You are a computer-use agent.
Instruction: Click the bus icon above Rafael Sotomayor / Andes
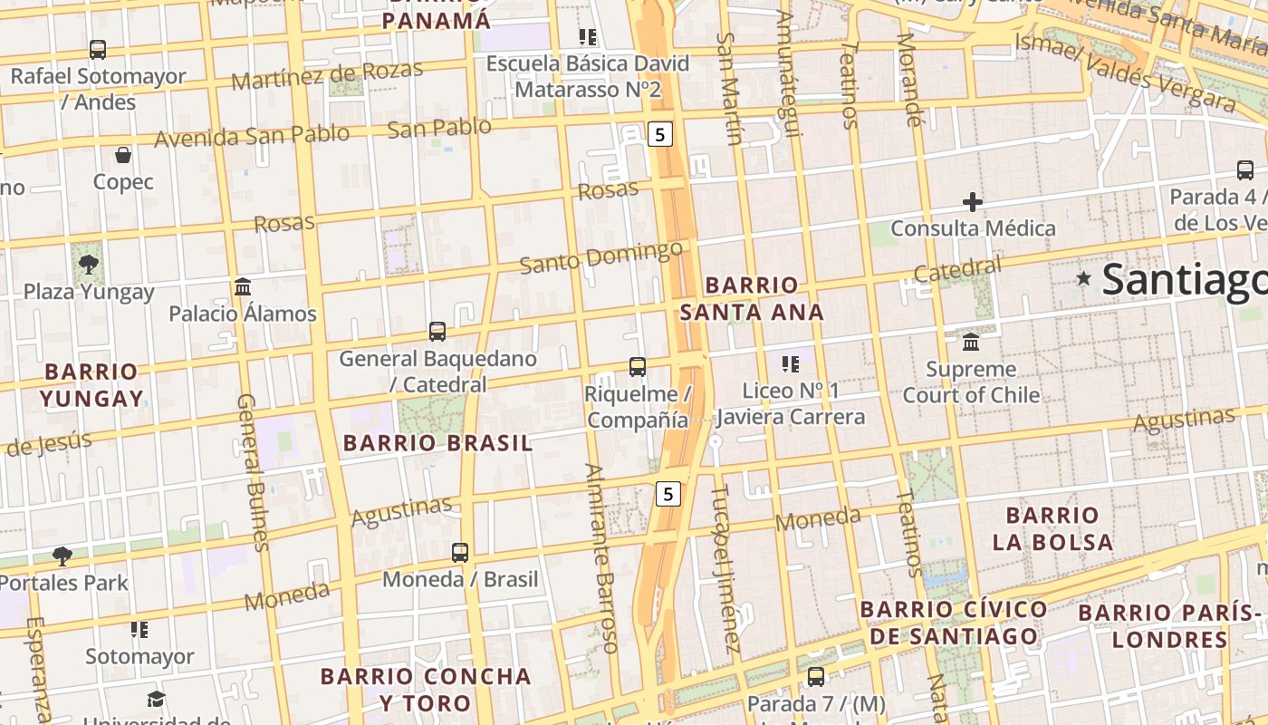coord(98,50)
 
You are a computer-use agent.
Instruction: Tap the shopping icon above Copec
coord(123,155)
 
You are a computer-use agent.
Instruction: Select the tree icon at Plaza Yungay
coord(89,265)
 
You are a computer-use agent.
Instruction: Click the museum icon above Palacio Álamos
coord(243,287)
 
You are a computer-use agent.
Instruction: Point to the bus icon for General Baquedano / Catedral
coord(437,332)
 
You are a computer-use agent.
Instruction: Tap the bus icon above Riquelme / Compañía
coord(638,367)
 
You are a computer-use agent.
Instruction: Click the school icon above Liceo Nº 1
coord(791,364)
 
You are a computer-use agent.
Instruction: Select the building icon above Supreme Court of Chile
coord(971,343)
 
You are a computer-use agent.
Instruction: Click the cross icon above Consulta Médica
coord(973,201)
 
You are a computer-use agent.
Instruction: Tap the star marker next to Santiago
coord(1083,278)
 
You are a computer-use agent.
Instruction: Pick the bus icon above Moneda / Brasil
coord(460,552)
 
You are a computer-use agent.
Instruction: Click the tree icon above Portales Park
coord(62,556)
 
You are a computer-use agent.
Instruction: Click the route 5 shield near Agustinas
coord(668,494)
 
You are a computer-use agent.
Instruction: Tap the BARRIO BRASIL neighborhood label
coord(438,443)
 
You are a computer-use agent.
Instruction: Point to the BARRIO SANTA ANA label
coord(752,299)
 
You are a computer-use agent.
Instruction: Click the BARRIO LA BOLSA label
coord(1052,528)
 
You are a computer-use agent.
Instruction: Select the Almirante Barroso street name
coord(602,558)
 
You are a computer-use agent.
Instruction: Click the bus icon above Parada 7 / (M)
coord(816,676)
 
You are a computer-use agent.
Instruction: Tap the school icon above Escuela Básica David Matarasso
coord(588,37)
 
